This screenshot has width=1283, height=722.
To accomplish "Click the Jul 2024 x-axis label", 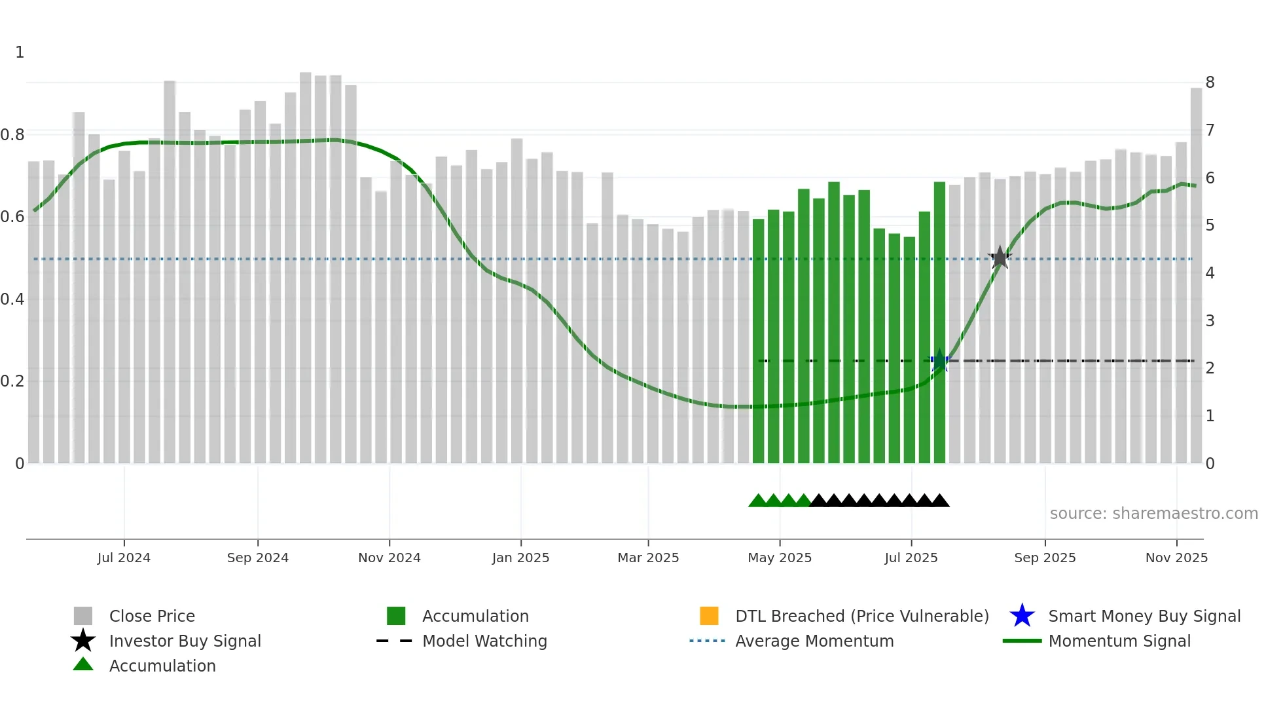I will point(124,558).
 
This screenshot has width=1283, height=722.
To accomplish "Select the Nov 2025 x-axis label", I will point(1176,558).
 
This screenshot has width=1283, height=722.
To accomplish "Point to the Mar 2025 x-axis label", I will point(648,558).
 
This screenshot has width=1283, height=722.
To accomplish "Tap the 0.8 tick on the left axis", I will point(12,135).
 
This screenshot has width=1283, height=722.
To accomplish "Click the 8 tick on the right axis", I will point(1210,83).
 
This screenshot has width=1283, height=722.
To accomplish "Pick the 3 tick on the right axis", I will point(1210,321).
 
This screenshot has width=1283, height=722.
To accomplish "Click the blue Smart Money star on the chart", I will point(940,360).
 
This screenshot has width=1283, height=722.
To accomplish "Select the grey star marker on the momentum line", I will point(1000,257).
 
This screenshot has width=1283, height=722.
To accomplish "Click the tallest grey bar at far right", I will point(1196,275).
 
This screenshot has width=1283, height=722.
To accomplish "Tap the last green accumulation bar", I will point(939,321).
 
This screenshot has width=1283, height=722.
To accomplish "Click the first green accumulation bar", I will point(758,341).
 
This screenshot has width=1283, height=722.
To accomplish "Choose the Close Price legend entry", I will point(152,616).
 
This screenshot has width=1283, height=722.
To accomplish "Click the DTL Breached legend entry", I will point(861,616).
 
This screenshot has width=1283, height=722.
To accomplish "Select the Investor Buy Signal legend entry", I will point(185,641).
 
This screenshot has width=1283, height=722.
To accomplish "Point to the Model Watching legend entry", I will point(484,641).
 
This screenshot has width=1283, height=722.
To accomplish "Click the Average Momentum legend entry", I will point(814,641).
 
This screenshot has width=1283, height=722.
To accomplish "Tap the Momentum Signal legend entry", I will point(1119,641).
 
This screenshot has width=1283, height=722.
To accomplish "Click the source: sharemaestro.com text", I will point(1153,514).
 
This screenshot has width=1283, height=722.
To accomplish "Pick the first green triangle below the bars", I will point(757,501).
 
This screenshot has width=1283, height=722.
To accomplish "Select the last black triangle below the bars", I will point(940,501).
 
